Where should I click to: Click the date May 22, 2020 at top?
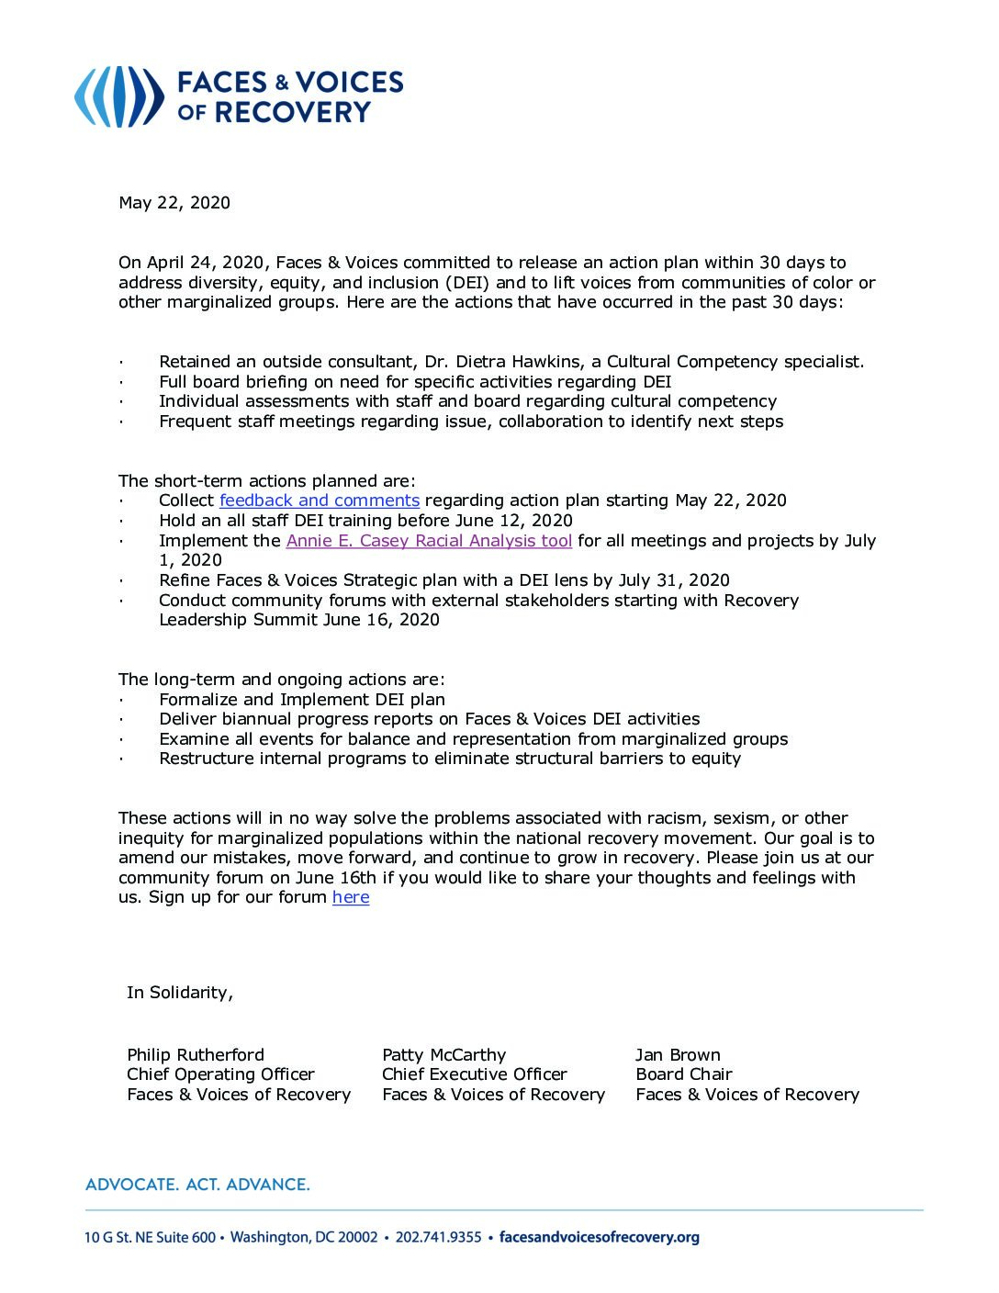click(174, 203)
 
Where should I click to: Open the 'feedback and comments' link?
click(320, 500)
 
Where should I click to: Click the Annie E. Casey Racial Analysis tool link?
click(429, 541)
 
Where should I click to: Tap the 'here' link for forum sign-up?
click(351, 897)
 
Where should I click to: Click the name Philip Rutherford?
click(196, 1055)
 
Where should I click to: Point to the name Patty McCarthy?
click(443, 1055)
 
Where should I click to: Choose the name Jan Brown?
click(678, 1055)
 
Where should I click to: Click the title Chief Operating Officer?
click(220, 1074)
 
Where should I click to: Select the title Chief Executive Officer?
click(474, 1074)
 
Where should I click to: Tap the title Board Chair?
click(684, 1074)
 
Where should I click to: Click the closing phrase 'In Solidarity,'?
click(180, 993)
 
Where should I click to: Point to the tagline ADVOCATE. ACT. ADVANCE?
click(197, 1185)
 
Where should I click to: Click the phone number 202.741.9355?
click(438, 1238)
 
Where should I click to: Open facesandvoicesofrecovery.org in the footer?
click(599, 1238)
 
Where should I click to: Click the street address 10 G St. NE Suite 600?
click(150, 1238)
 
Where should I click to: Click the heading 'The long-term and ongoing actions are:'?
click(281, 680)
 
